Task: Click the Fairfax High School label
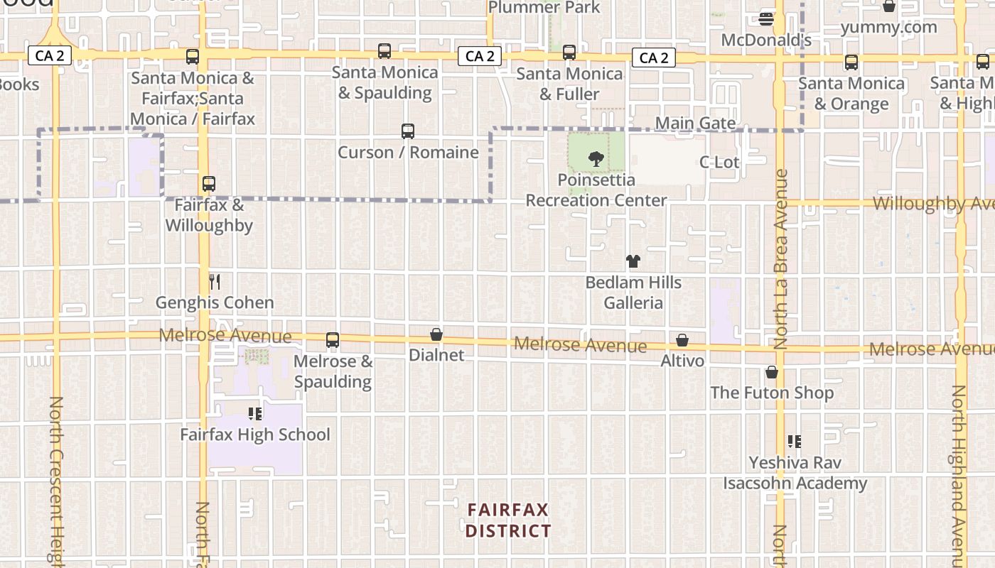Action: [254, 435]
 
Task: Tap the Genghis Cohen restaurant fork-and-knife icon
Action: [215, 282]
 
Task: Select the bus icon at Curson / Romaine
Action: [407, 131]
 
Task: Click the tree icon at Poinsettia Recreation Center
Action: [596, 159]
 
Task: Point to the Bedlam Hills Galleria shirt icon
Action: [633, 261]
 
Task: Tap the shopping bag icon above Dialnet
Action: [436, 334]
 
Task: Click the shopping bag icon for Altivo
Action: [682, 340]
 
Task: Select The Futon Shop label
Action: [772, 393]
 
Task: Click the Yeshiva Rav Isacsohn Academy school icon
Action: [795, 442]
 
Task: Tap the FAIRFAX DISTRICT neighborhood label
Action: [508, 520]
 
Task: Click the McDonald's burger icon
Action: [766, 18]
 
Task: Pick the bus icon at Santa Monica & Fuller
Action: [569, 53]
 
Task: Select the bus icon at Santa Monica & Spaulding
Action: [384, 51]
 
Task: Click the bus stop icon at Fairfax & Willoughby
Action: [208, 184]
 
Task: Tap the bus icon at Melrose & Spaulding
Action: [333, 340]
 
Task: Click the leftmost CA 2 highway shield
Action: [50, 55]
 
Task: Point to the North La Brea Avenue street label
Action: [781, 259]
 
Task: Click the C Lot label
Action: [719, 162]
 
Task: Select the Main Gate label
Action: [695, 124]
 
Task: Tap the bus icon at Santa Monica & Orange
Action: [851, 62]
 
